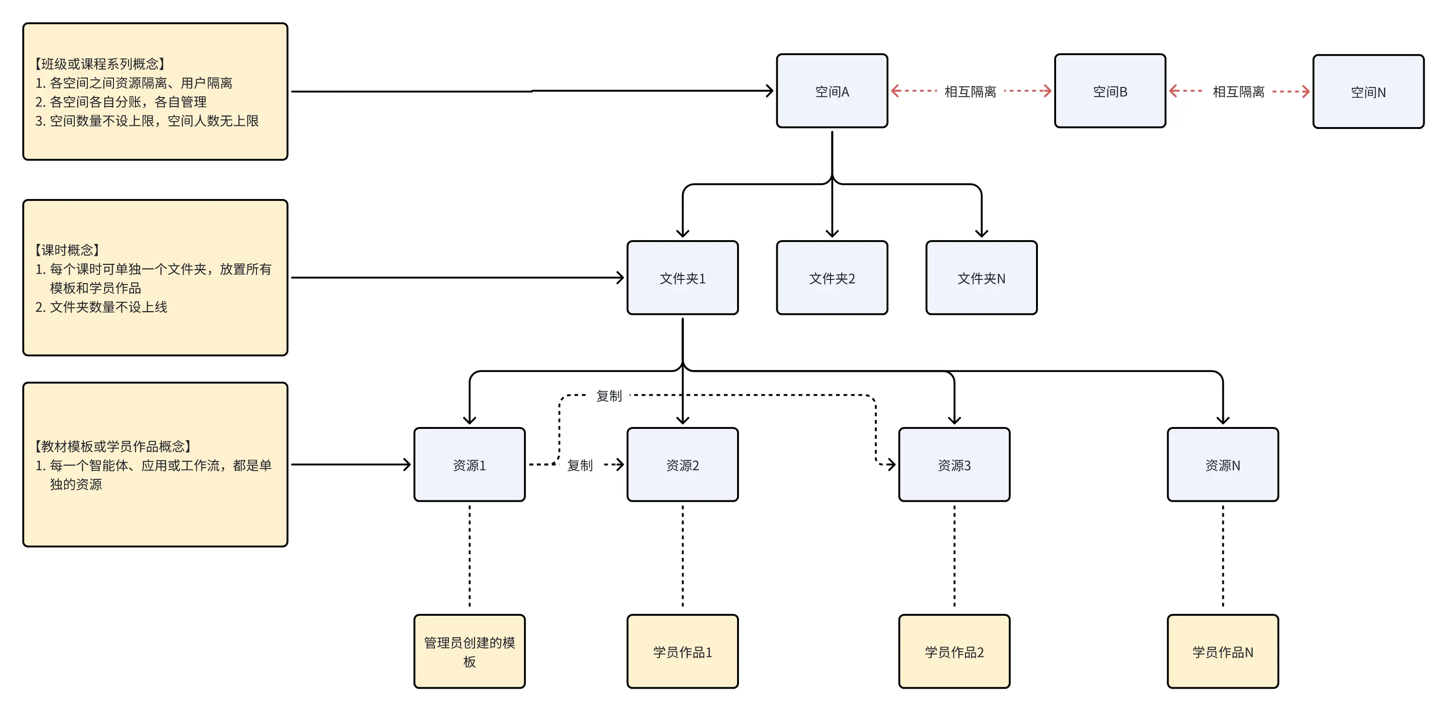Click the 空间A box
tap(832, 91)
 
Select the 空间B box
tap(1110, 91)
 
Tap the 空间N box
tap(1368, 92)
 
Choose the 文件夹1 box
tap(682, 278)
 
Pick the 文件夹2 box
tap(832, 278)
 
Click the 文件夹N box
tap(981, 278)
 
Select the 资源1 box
tap(469, 464)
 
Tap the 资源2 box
tap(682, 464)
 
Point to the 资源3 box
tap(954, 464)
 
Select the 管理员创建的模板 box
tap(469, 651)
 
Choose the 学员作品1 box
tap(682, 651)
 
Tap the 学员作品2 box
tap(954, 651)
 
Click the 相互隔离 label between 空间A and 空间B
tap(970, 92)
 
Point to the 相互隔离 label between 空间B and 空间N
tap(1238, 92)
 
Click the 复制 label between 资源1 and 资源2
tap(580, 465)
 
